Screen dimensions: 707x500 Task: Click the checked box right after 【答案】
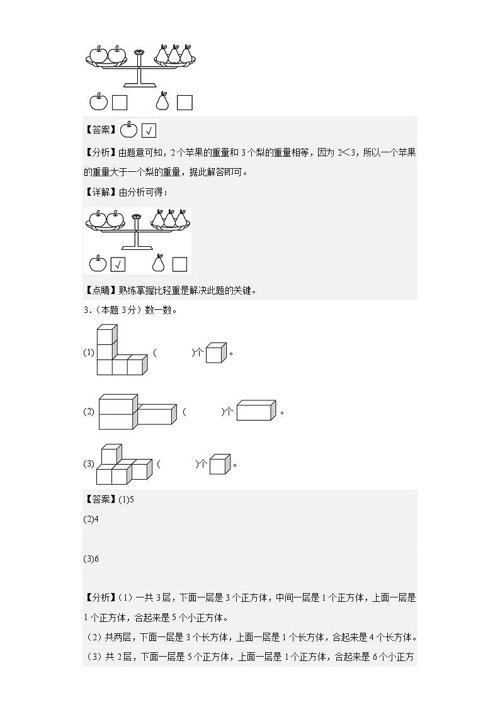pos(149,131)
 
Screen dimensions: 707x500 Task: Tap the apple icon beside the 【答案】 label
pos(128,130)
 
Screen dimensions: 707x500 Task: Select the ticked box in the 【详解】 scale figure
pos(118,264)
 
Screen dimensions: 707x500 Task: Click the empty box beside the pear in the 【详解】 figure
pos(179,264)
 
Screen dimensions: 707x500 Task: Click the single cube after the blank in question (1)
pos(215,353)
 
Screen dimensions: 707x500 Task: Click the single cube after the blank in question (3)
pos(219,465)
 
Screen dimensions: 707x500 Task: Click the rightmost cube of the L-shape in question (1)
pos(136,366)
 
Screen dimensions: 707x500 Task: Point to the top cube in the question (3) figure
pos(110,455)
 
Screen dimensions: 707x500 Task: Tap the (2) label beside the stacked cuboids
pos(89,412)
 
